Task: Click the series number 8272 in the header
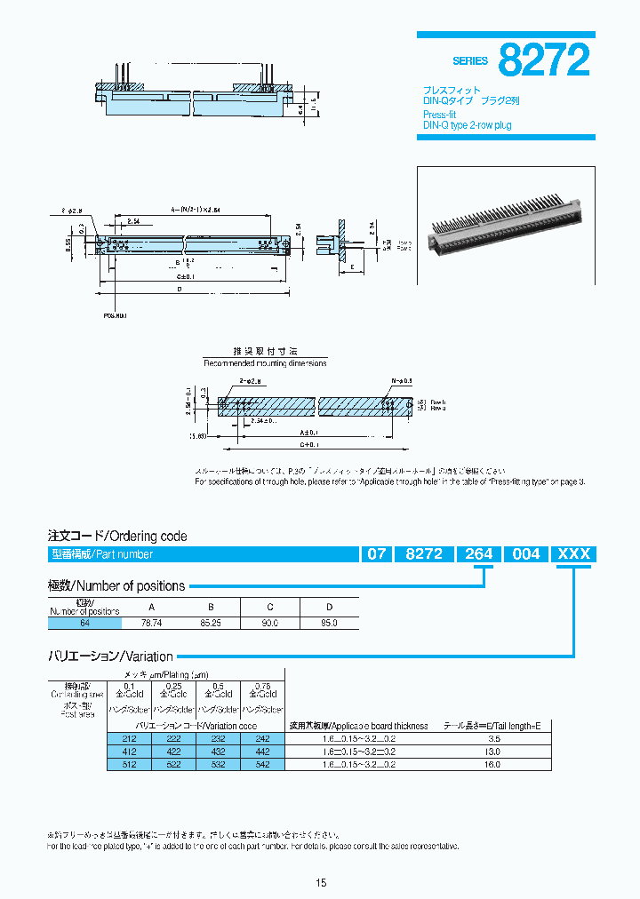(x=544, y=60)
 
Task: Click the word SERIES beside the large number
(x=470, y=61)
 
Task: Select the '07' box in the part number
(x=375, y=554)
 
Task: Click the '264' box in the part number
(x=478, y=554)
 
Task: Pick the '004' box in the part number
(x=526, y=554)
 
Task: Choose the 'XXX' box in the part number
(x=573, y=554)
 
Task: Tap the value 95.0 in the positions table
(x=329, y=624)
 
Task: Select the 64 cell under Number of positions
(x=84, y=624)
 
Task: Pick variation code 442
(x=262, y=751)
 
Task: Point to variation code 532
(x=218, y=763)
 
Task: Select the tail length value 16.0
(x=493, y=763)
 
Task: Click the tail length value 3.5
(x=493, y=737)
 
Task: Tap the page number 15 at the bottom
(x=321, y=882)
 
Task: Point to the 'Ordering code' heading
(x=117, y=537)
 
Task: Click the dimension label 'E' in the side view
(x=353, y=266)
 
